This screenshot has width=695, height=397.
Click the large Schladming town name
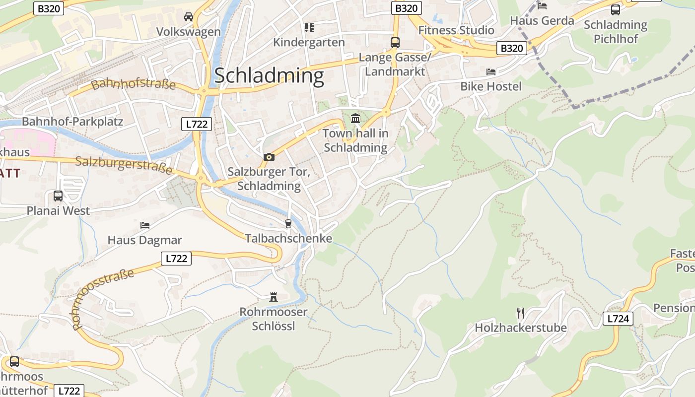pos(269,75)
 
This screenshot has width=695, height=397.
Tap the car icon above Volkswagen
pos(189,17)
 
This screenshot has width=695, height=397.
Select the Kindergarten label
pos(309,42)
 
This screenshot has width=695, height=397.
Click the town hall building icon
pos(355,119)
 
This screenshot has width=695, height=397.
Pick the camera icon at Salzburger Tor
pos(269,157)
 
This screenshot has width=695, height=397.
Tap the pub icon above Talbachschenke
pos(288,224)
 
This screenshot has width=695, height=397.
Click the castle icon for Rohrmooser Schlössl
pos(273,297)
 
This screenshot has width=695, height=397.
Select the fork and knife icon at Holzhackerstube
pos(520,313)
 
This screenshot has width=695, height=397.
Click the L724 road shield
pos(618,319)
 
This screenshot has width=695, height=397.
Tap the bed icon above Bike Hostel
pos(491,72)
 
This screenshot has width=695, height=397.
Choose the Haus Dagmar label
pos(144,240)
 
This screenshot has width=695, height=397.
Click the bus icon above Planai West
pos(58,196)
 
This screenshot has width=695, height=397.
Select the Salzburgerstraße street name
pos(124,165)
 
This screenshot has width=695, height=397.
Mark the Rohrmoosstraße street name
pos(103,299)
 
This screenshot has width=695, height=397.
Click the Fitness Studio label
pos(456,30)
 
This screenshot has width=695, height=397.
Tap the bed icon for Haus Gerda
pos(542,6)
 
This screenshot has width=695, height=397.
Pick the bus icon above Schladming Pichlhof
pos(616,9)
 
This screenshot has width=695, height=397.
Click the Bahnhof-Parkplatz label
pos(72,122)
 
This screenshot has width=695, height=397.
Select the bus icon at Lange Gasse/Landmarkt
pos(395,43)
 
